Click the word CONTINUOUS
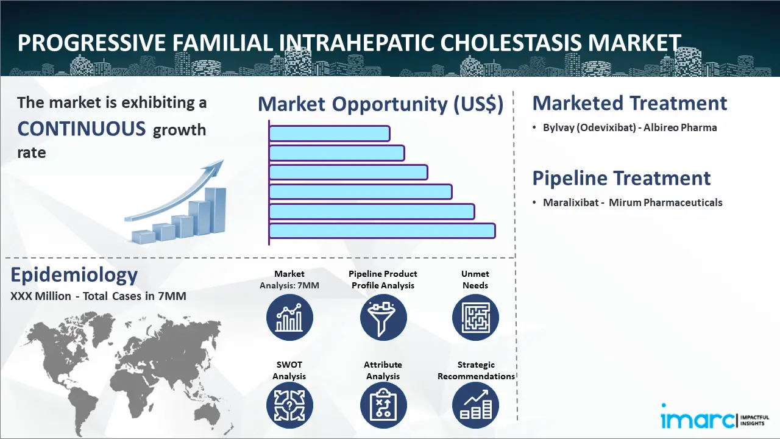click(82, 129)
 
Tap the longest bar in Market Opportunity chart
click(382, 230)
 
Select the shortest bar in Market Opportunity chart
click(330, 134)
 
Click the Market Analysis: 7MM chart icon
click(289, 318)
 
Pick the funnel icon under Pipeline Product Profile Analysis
click(383, 318)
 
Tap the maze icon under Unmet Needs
click(475, 318)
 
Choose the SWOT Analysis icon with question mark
click(289, 405)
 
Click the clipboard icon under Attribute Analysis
click(383, 405)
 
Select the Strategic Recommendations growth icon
click(475, 405)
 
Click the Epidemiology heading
click(74, 276)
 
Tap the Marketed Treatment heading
click(629, 103)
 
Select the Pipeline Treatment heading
click(621, 179)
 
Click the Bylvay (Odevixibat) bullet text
click(630, 128)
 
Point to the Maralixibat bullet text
click(633, 202)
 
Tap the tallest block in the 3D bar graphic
click(215, 210)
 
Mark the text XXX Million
click(41, 296)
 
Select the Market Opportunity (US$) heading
click(381, 104)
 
